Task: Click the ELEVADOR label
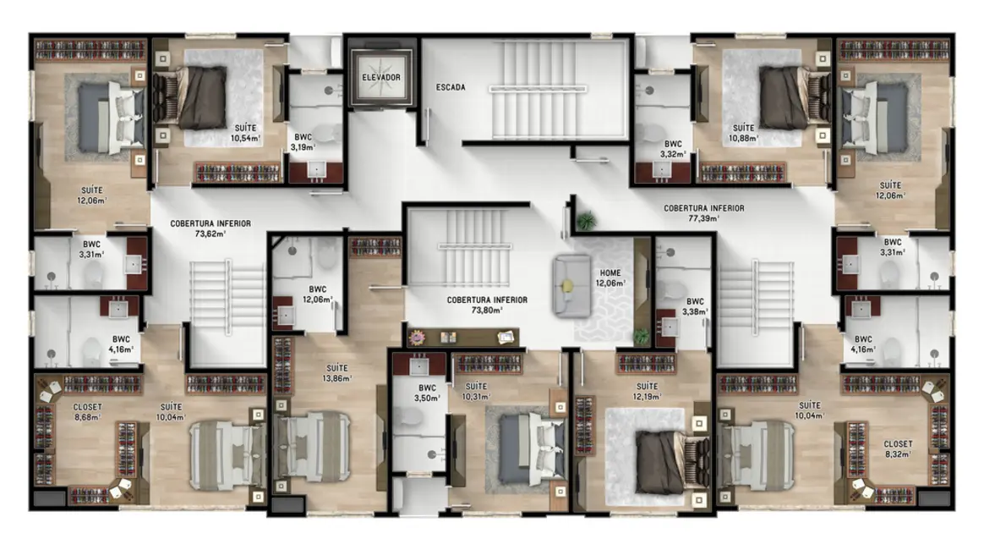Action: click(x=380, y=78)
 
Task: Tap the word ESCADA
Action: click(x=451, y=87)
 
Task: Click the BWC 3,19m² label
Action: click(x=302, y=141)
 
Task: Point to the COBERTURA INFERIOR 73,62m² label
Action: click(x=210, y=228)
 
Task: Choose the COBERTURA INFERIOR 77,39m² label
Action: click(x=703, y=212)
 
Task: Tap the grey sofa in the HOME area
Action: click(x=570, y=285)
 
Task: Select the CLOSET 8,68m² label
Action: click(x=88, y=412)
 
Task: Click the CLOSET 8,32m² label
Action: click(x=898, y=448)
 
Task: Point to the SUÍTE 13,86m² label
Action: click(x=336, y=373)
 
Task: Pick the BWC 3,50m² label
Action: click(x=420, y=393)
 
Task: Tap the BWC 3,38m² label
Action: click(x=694, y=306)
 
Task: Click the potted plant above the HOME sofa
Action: click(x=585, y=221)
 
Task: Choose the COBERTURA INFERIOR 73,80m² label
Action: click(x=487, y=305)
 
